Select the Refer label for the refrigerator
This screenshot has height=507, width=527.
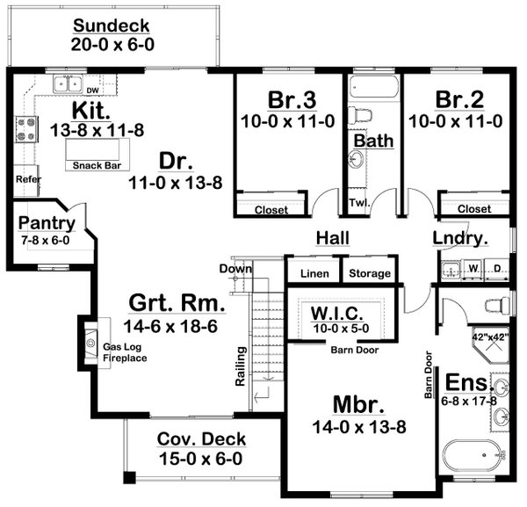point(24,179)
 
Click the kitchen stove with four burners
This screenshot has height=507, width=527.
point(23,133)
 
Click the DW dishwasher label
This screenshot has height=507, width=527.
point(91,89)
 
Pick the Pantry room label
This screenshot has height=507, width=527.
point(46,223)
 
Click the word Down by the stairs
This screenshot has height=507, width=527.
point(237,269)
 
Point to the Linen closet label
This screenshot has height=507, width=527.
point(314,274)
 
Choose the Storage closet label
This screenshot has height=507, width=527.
point(369,274)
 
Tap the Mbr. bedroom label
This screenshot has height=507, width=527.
point(356,404)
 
